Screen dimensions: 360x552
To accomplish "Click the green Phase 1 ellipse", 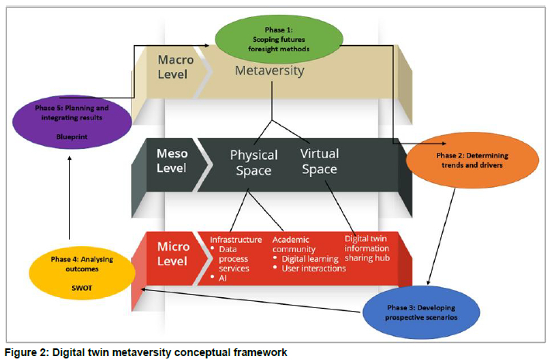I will [x=279, y=40].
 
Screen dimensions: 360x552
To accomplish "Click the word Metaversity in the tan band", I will [x=270, y=71].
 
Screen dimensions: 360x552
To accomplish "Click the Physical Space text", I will [x=254, y=162].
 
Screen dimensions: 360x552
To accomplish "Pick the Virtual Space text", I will [x=319, y=161].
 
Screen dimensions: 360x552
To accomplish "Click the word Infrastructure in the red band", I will [x=236, y=239].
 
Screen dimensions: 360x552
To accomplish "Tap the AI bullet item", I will [x=223, y=277].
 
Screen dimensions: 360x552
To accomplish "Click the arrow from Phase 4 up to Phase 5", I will [x=70, y=199].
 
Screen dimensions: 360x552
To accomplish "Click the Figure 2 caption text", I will [x=146, y=353].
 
